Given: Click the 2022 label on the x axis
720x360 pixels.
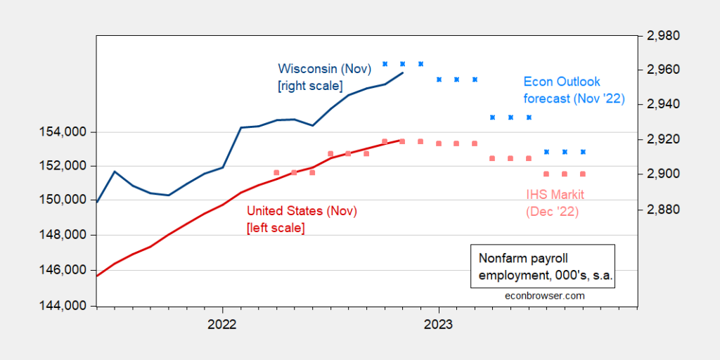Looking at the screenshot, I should coord(222,325).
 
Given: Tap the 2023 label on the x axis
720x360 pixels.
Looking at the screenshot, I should coord(439,325).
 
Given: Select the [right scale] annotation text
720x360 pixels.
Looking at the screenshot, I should coord(310,86).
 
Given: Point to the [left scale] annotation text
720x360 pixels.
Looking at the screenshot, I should coord(275,227).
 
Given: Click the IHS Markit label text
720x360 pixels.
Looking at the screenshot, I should coord(555,194).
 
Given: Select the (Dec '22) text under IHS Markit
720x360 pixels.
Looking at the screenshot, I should coord(553,210).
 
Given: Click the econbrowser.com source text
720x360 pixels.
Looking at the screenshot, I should coord(545,296).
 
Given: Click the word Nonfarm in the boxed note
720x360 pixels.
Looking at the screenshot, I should coord(500,257).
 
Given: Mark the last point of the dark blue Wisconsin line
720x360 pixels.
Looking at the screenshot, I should coord(402,72).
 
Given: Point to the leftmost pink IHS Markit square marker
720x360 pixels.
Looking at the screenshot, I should coord(276,172).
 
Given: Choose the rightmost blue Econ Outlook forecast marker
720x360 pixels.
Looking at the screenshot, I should coord(583,152).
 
